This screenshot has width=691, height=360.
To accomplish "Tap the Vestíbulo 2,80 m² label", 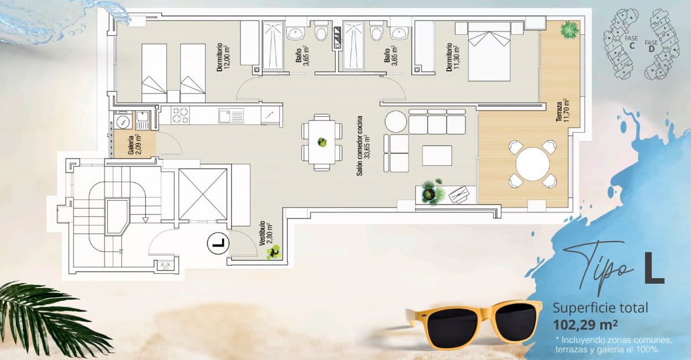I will point(265,234).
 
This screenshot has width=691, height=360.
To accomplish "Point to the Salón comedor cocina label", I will point(362,146).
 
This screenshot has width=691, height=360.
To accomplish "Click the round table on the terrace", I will point(532,164).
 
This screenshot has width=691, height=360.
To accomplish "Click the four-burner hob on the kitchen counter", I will point(180,116).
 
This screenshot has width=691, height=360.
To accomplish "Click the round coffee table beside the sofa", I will point(395,121).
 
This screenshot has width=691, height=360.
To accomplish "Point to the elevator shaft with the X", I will point(203,194).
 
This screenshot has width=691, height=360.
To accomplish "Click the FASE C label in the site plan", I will point(631,42).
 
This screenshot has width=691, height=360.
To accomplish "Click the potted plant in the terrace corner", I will point(569,30).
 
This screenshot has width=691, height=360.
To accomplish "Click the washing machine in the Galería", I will point(123,120).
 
